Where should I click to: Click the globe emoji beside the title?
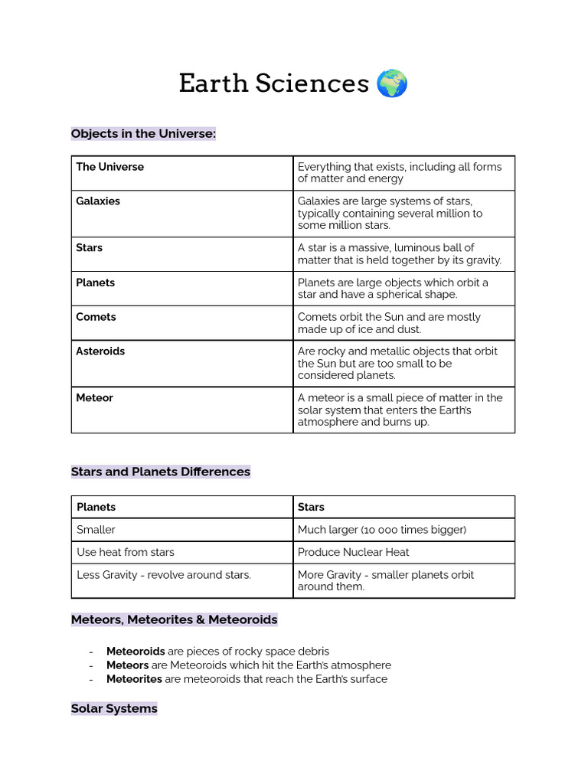(x=392, y=83)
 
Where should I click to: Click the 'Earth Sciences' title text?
(x=273, y=83)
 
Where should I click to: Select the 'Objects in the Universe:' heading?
(x=143, y=134)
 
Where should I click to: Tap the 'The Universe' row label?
(x=109, y=167)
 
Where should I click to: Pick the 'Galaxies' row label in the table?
(x=98, y=201)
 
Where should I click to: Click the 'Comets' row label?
(x=96, y=317)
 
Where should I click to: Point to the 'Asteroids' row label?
(x=100, y=351)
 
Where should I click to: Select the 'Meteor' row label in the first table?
(x=94, y=398)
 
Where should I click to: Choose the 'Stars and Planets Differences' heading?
(x=161, y=472)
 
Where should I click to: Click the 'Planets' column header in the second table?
(x=96, y=507)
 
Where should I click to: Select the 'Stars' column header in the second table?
(x=311, y=507)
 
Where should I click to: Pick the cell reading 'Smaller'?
(x=96, y=530)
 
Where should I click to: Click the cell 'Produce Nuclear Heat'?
(x=353, y=552)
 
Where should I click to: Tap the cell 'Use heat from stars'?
(x=126, y=552)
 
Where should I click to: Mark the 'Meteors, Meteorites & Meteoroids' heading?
(x=174, y=619)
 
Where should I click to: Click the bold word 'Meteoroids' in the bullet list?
(x=136, y=652)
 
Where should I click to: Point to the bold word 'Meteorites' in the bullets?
(x=134, y=679)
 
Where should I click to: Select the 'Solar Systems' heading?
(x=114, y=709)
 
